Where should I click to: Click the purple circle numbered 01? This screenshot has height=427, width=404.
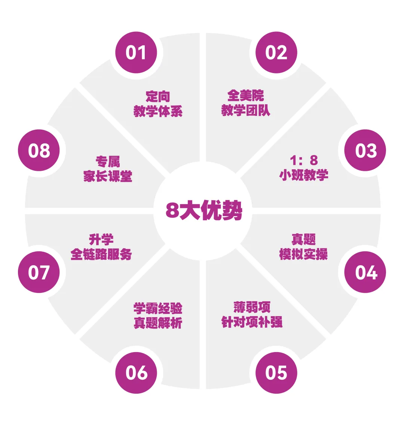(136, 52)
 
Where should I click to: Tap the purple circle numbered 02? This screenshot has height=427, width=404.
(276, 52)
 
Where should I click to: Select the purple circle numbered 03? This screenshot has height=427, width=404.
(365, 151)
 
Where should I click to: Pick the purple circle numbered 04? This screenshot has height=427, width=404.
(365, 272)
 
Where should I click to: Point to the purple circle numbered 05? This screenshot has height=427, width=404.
(276, 373)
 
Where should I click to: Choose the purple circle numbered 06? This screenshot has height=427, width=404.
(136, 373)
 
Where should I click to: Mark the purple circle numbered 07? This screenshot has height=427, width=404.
(39, 272)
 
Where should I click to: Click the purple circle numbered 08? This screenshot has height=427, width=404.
(39, 151)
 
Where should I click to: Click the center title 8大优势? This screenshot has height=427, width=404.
(204, 211)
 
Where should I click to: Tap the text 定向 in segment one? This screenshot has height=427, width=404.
(158, 97)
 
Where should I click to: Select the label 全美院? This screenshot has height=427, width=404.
(245, 96)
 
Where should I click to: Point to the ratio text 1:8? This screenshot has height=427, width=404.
(304, 160)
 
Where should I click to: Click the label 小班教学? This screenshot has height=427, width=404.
(304, 175)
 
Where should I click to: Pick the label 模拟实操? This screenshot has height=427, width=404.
(303, 254)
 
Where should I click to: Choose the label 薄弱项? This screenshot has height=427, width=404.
(252, 307)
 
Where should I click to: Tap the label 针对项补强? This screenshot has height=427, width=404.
(252, 322)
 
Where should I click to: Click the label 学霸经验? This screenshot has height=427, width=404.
(158, 308)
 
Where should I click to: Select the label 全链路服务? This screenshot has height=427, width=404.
(101, 254)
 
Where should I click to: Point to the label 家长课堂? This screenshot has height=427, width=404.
(108, 176)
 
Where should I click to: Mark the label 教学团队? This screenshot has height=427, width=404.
(245, 110)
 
